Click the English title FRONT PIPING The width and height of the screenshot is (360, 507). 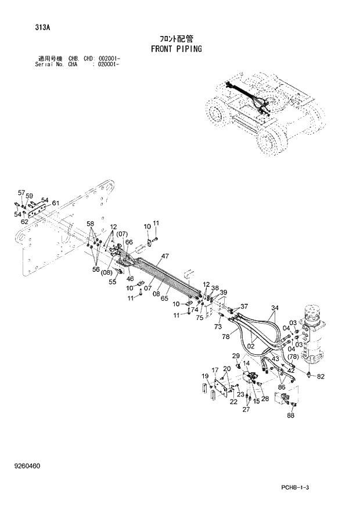pos(176,49)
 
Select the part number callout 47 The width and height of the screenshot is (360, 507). pos(149,256)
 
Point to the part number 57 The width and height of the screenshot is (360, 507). pos(21,192)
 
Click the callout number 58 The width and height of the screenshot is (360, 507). pos(91,224)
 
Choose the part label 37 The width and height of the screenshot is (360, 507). pos(244,306)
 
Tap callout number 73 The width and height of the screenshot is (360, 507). pos(218,328)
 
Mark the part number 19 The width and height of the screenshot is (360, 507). pos(204,376)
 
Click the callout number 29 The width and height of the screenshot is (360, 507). pos(236,355)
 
